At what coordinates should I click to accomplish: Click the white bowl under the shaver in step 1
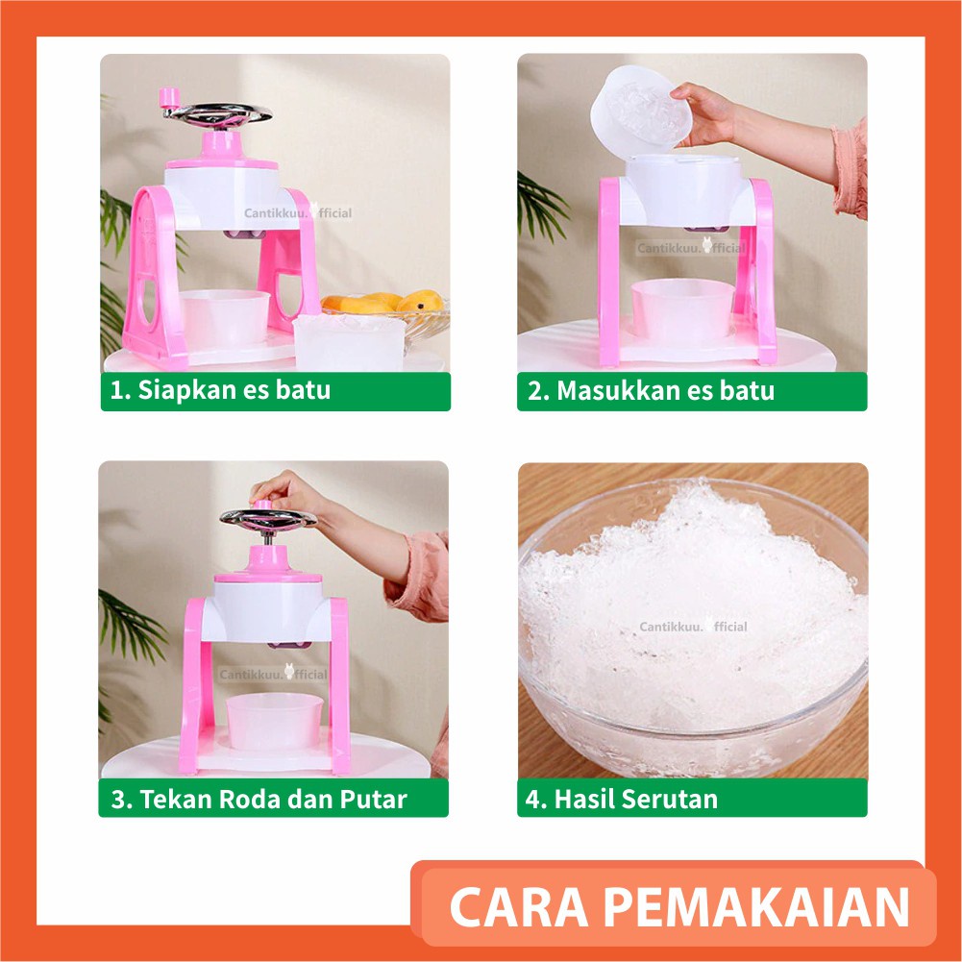[x=225, y=318]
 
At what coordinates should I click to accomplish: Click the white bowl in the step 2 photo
[x=681, y=310]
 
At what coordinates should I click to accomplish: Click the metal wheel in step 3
[x=267, y=519]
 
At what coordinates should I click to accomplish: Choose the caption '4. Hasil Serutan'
[x=635, y=799]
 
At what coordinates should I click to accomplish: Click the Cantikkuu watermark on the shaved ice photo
[x=693, y=627]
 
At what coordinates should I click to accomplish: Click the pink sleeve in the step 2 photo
[x=850, y=168]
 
